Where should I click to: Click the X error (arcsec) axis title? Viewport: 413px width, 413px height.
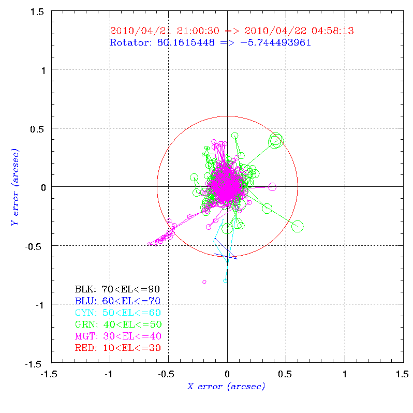[x=226, y=386]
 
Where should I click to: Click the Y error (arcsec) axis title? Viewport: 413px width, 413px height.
[x=15, y=186]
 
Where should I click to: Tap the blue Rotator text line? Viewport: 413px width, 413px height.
[x=210, y=42]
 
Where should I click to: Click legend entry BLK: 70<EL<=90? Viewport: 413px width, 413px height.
[x=117, y=289]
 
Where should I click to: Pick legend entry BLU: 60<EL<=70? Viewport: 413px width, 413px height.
[x=117, y=301]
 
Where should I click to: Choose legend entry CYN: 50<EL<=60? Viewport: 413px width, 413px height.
[x=117, y=313]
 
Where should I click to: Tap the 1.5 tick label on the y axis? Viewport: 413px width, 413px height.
[x=37, y=11]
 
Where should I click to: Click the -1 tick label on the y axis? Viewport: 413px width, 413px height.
[x=40, y=305]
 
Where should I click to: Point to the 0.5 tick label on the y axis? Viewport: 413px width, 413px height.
[x=37, y=128]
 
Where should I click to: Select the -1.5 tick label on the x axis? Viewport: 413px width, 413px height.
[x=50, y=373]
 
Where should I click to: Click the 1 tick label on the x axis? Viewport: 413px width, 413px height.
[x=345, y=373]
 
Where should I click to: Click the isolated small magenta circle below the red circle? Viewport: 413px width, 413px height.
[x=204, y=282]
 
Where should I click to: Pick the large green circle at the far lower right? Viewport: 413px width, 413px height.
[x=297, y=226]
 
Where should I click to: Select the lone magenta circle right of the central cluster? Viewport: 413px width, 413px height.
[x=272, y=187]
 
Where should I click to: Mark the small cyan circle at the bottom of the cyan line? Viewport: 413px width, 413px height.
[x=225, y=281]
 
